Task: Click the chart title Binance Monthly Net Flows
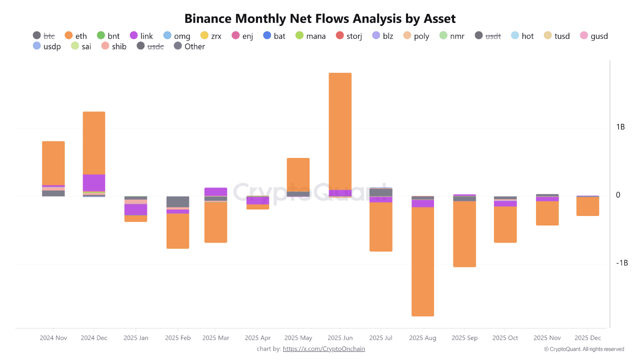point(320,19)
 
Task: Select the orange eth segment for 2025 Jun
point(340,130)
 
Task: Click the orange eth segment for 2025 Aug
point(422,260)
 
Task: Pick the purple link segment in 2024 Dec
point(93,182)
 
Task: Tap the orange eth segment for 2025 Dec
point(587,206)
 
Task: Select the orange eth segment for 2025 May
point(298,174)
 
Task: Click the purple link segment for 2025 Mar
point(215,191)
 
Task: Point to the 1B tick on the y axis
point(620,127)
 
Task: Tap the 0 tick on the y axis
point(618,195)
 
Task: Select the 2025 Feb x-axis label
point(177,338)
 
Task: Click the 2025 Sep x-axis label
point(464,338)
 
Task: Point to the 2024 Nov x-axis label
point(53,338)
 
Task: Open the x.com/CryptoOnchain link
point(323,349)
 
